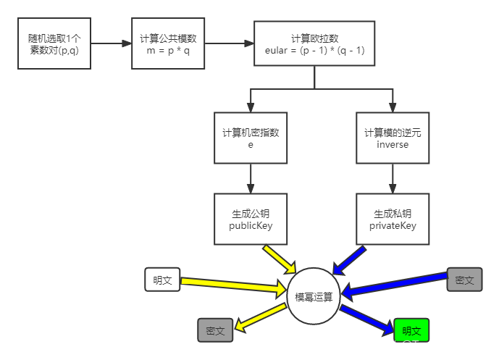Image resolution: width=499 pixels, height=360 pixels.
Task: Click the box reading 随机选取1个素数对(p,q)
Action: pos(54,43)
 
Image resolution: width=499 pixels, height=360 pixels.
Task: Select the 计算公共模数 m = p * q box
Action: pos(168,43)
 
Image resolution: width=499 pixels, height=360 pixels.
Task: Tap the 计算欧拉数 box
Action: pos(314,43)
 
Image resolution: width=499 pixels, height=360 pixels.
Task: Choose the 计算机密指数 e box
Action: pos(251,138)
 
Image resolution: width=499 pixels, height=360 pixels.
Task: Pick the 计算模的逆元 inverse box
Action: pos(393,138)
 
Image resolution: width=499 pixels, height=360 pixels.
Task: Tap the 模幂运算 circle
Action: pos(314,296)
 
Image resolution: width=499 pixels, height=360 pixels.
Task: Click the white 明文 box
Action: pos(162,280)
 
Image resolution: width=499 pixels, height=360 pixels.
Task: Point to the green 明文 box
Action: pos(411,330)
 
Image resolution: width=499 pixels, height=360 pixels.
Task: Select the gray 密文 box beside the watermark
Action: pos(464,280)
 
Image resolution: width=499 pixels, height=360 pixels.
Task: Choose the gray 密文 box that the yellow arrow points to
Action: pos(215,330)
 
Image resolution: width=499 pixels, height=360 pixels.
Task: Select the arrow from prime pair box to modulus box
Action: pos(111,43)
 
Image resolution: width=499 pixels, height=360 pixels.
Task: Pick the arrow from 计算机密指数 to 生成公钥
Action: pos(251,178)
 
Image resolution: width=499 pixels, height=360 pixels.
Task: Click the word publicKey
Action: pos(251,225)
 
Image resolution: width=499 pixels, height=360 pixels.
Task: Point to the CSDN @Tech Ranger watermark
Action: pos(424,346)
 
